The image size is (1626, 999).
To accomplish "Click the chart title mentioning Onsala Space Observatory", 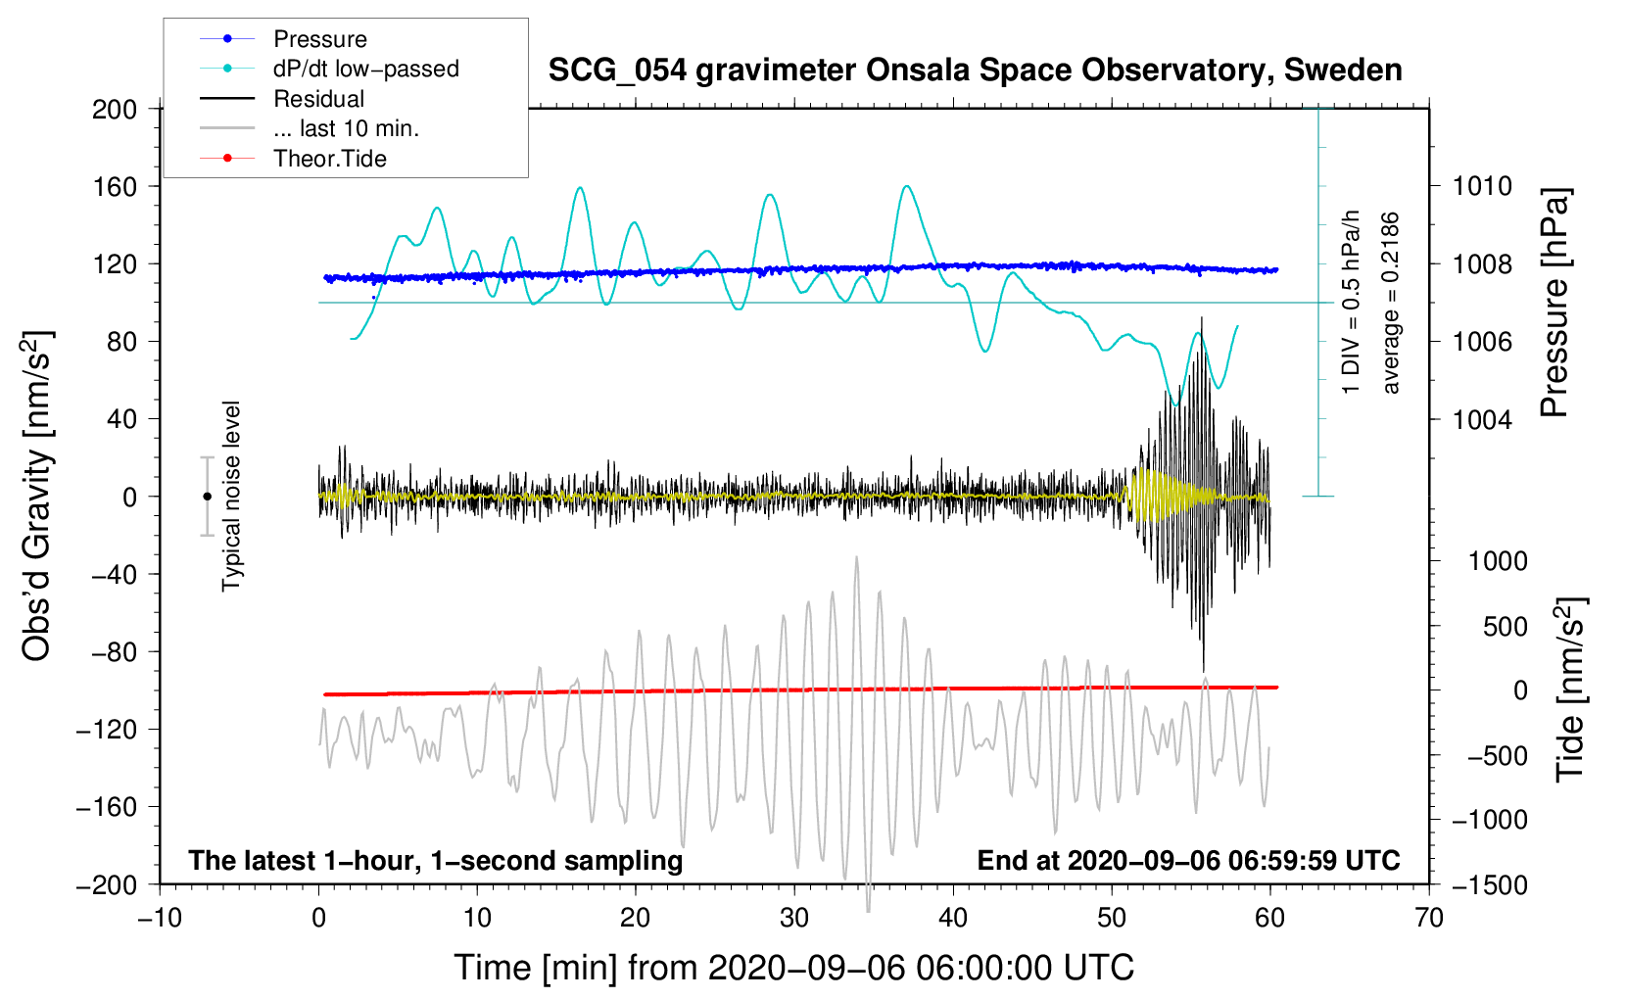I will pos(975,71).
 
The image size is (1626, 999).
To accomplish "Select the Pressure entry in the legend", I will pos(319,39).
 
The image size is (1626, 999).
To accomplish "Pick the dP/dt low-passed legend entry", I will pos(365,69).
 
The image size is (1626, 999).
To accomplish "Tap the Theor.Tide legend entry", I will pos(329,159).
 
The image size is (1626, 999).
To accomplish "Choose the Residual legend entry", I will pos(318,99).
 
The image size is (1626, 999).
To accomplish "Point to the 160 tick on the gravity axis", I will pos(115,186).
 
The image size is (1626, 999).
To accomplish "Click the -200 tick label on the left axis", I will pos(107,885).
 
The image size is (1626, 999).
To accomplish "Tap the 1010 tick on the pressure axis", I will pos(1482,186).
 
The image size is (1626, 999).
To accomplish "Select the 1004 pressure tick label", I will pos(1482,419).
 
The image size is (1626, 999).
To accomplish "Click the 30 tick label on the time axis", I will pos(794,918).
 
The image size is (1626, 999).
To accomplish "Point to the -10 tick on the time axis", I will pos(160,918).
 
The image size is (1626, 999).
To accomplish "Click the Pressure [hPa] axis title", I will pos(1555,303).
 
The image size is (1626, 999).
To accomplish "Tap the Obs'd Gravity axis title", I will pos(37,496).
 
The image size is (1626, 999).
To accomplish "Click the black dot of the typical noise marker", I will pos(207,497).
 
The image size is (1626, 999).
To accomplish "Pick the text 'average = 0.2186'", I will pos(1391,303).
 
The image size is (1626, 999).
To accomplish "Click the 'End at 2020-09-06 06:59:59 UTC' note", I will pos(1188,860).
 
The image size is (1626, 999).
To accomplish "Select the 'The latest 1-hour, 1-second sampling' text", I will pos(435,860).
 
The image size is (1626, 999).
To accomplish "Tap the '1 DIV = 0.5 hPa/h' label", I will pos(1352,303).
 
